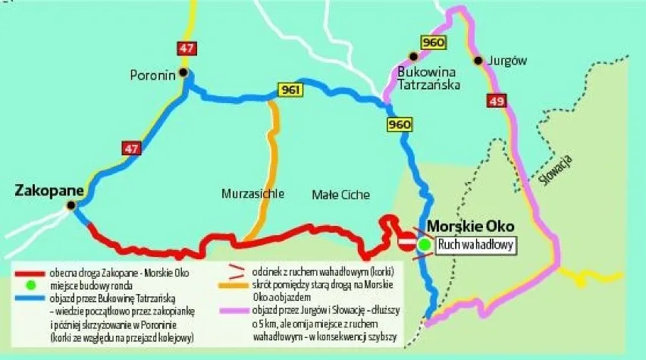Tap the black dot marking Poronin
click(x=183, y=74)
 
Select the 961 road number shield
click(x=290, y=90)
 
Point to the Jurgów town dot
click(x=478, y=61)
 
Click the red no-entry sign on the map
click(x=406, y=242)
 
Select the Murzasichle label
click(x=253, y=194)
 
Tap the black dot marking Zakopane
click(x=71, y=205)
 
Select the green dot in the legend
click(x=31, y=285)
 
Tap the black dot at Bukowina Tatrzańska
click(x=413, y=55)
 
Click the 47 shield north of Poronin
click(x=185, y=48)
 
